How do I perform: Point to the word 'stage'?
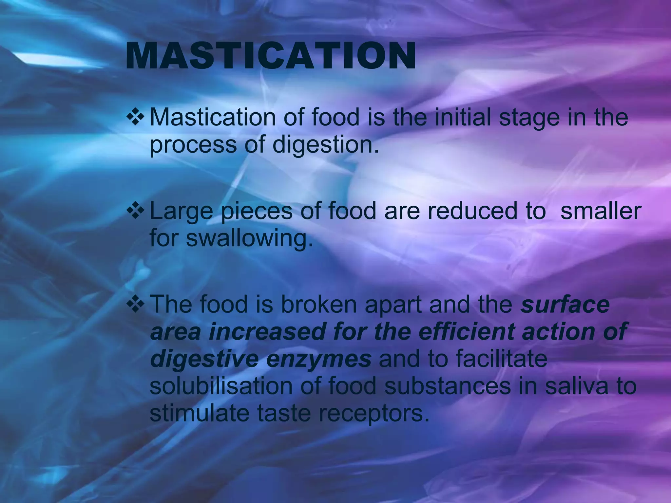click(x=529, y=119)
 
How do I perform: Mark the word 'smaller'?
click(x=601, y=211)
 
